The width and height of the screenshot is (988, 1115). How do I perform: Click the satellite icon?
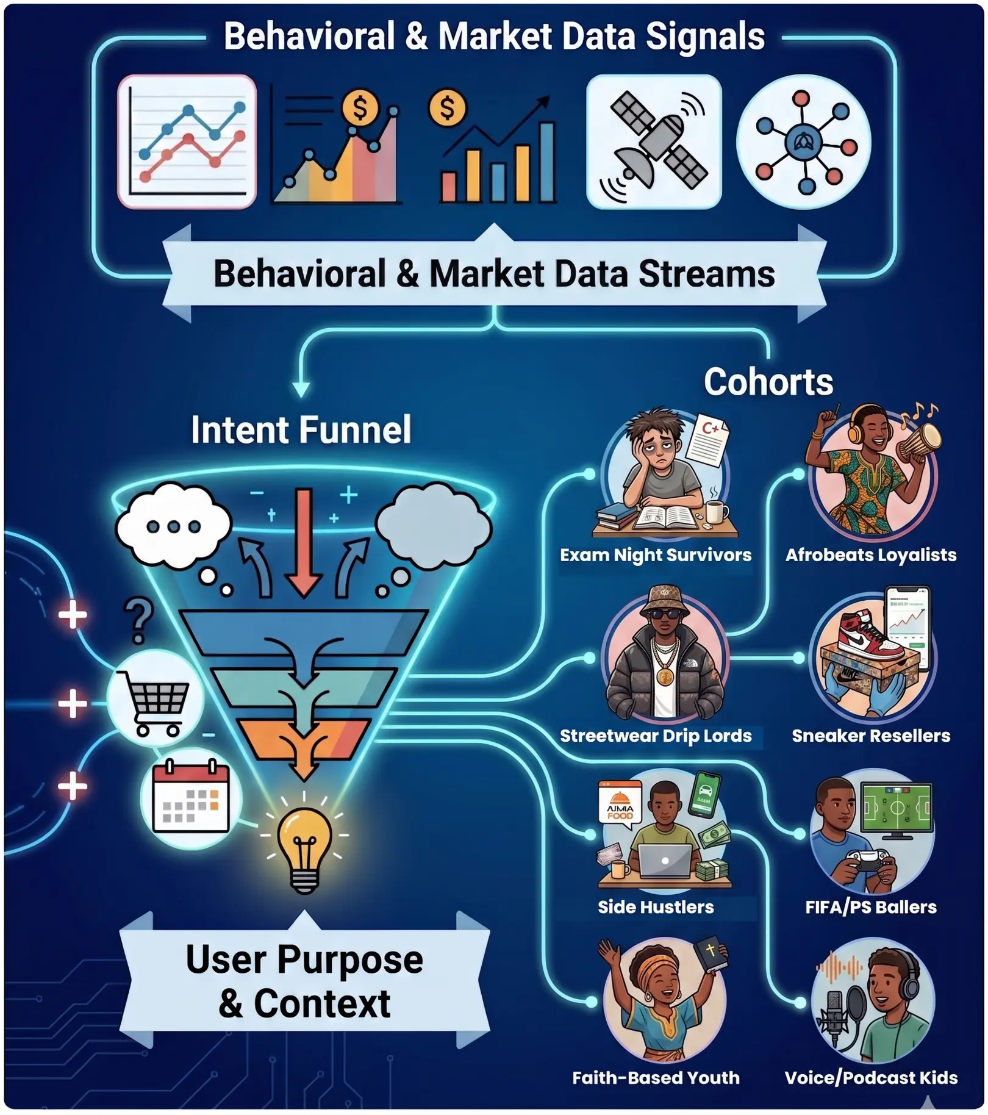click(654, 142)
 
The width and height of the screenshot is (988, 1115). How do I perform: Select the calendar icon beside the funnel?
click(191, 797)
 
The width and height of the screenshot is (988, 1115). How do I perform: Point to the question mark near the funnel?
click(138, 620)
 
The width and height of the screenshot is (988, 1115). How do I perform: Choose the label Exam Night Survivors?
click(656, 555)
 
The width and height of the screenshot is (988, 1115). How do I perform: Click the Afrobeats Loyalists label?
click(871, 555)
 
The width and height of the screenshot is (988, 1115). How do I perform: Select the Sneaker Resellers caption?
click(871, 736)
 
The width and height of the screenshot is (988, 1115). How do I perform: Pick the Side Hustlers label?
click(656, 907)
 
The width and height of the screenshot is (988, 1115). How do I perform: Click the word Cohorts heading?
click(768, 382)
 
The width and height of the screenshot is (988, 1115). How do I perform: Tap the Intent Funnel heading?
click(301, 429)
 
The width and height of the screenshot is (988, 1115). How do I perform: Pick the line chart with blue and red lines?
click(187, 142)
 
